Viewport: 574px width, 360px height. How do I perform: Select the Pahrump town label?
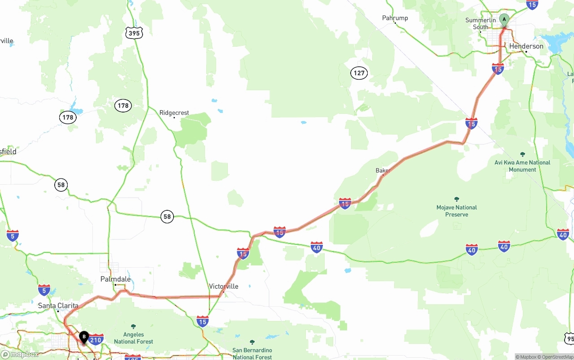click(395, 18)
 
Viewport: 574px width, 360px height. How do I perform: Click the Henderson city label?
click(526, 46)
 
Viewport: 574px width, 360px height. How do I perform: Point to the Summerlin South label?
click(480, 23)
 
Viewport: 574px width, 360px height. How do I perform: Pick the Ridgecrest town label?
click(174, 113)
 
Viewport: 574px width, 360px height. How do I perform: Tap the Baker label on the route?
click(382, 171)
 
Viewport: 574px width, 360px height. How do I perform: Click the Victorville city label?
click(224, 286)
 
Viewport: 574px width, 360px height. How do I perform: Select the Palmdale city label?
click(116, 279)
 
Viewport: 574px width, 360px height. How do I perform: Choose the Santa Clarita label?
click(58, 306)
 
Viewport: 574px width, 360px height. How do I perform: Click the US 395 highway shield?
click(134, 33)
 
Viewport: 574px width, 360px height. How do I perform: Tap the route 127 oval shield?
click(359, 73)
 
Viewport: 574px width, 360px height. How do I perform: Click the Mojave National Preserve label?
click(457, 211)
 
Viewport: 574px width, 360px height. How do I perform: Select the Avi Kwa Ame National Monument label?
click(522, 166)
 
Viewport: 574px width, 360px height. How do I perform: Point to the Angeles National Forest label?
click(134, 338)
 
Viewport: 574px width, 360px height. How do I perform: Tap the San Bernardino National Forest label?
click(252, 354)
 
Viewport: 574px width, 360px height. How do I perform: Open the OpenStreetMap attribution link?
click(557, 357)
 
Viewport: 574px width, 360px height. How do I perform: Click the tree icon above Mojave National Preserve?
click(457, 199)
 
